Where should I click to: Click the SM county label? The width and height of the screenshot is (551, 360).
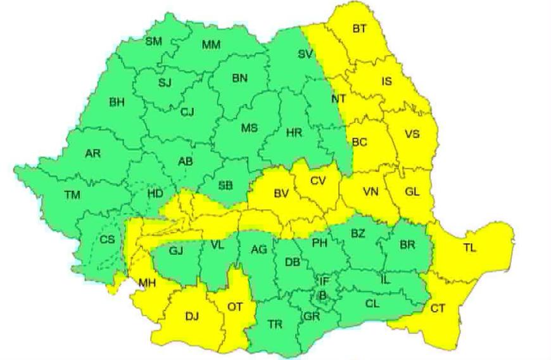pos(154,42)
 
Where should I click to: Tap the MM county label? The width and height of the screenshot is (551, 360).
pos(211,45)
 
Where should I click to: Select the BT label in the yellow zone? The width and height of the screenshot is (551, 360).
pos(360,29)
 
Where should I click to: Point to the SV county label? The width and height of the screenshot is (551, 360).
pos(305,55)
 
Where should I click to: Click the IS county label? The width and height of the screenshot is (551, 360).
pos(386,82)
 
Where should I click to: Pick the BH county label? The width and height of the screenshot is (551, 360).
pos(117,103)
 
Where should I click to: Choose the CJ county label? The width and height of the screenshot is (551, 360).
pos(187,112)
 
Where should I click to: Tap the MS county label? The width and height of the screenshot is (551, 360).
pos(250,128)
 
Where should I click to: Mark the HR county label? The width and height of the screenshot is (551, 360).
pos(294,133)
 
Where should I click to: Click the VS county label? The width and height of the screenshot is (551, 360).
pos(412,134)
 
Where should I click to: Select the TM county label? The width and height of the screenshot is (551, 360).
pos(72,195)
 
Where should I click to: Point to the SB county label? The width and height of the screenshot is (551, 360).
pos(225,185)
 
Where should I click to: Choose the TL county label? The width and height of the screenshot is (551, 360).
pos(469,248)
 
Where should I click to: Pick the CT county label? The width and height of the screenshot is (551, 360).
pos(438,309)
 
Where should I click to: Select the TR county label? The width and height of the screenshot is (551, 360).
pos(274,325)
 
